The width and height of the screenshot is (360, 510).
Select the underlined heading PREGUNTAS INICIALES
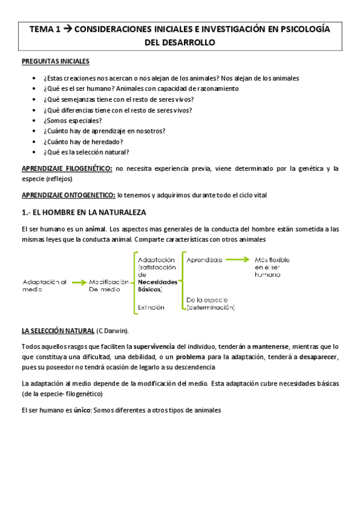click(x=55, y=61)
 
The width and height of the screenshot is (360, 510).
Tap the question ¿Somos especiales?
click(x=73, y=120)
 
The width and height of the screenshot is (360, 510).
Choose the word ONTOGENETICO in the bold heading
click(x=86, y=195)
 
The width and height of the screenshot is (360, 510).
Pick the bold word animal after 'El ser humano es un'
click(x=95, y=229)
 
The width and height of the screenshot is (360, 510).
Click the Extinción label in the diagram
click(x=151, y=307)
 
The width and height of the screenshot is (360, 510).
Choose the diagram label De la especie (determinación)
click(x=211, y=303)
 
